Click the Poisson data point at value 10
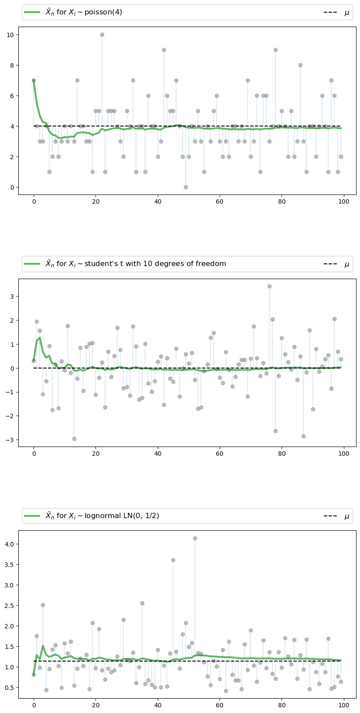coord(102,34)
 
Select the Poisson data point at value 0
coord(186,187)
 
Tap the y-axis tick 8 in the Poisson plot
coord(13,65)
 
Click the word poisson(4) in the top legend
coord(103,12)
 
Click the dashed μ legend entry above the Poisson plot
coord(336,13)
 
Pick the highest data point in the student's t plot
coord(269,286)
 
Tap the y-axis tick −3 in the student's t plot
coord(11,440)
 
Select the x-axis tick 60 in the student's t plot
coord(220,454)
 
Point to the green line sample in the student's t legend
coord(32,264)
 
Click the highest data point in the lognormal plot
coord(195,538)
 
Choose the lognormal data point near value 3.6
coord(173,560)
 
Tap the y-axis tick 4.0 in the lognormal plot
coord(10,544)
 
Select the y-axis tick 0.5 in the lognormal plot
coord(10,688)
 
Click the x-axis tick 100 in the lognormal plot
coord(344,706)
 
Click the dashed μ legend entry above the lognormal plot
coord(336,516)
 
